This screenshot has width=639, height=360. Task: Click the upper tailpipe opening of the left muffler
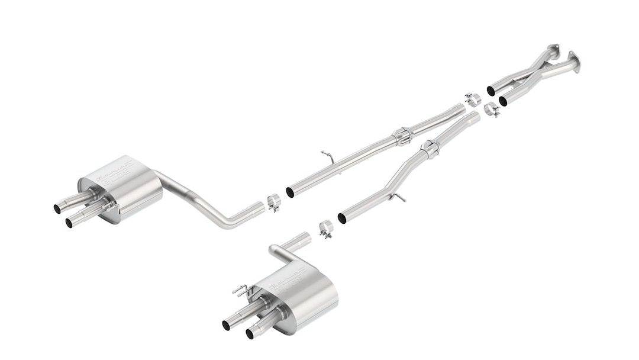(x=57, y=208)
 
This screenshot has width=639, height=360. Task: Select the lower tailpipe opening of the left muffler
(x=69, y=223)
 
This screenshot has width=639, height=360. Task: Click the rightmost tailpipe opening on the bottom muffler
(x=249, y=335)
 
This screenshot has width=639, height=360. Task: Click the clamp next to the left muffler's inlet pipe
(x=273, y=201)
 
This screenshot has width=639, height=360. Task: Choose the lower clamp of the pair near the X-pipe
(x=491, y=110)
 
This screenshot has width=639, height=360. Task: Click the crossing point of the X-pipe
(x=532, y=70)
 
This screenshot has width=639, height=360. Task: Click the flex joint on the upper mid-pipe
(x=402, y=136)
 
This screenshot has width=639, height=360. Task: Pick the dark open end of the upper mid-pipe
(x=290, y=192)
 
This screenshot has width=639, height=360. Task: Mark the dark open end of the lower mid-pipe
(x=341, y=218)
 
